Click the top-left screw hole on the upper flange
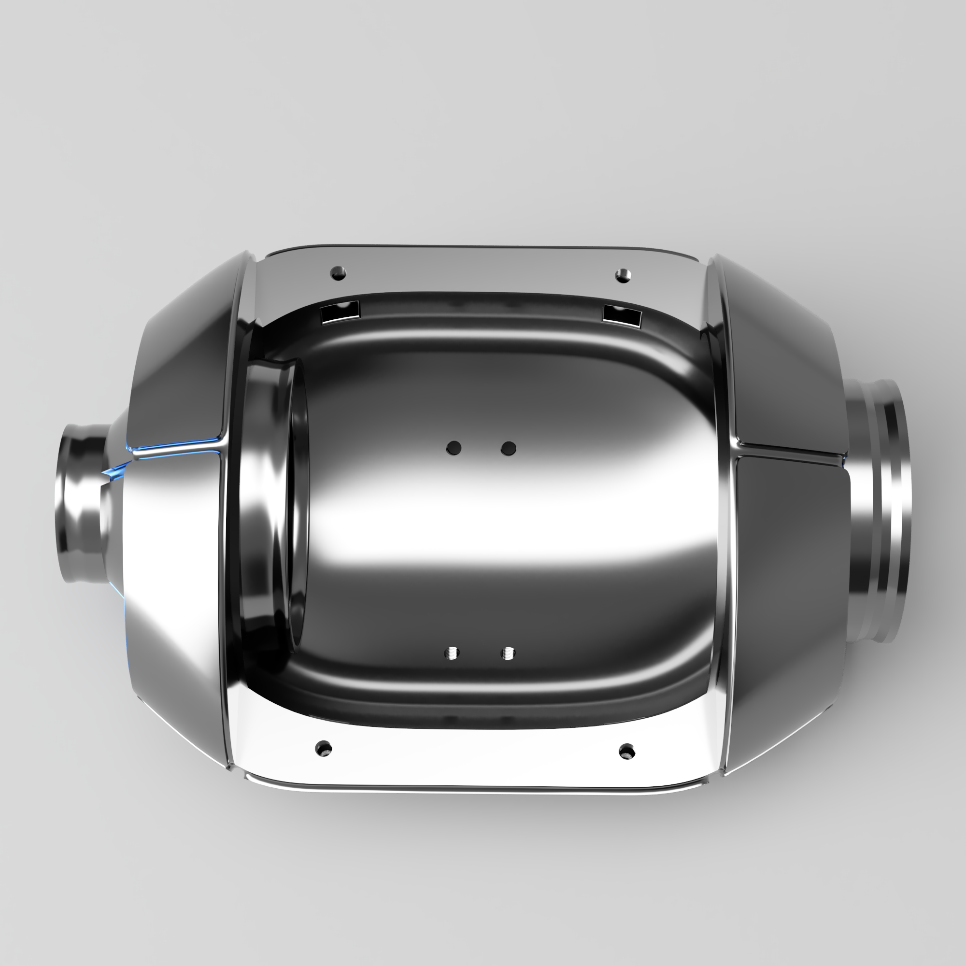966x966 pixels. (339, 273)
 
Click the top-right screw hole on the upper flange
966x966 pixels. (623, 274)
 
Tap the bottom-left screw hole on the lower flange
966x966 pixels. (324, 749)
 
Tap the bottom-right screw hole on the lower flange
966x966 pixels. (626, 751)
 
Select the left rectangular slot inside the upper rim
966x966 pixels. (340, 313)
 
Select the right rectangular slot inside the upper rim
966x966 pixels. (622, 315)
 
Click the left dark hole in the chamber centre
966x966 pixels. (454, 448)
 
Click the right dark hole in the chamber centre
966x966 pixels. (508, 448)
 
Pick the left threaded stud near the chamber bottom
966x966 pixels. (453, 653)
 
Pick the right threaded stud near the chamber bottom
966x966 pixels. (508, 653)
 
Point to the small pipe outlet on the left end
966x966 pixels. (83, 502)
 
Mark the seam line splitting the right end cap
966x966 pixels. (790, 451)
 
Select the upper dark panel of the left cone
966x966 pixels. (185, 360)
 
